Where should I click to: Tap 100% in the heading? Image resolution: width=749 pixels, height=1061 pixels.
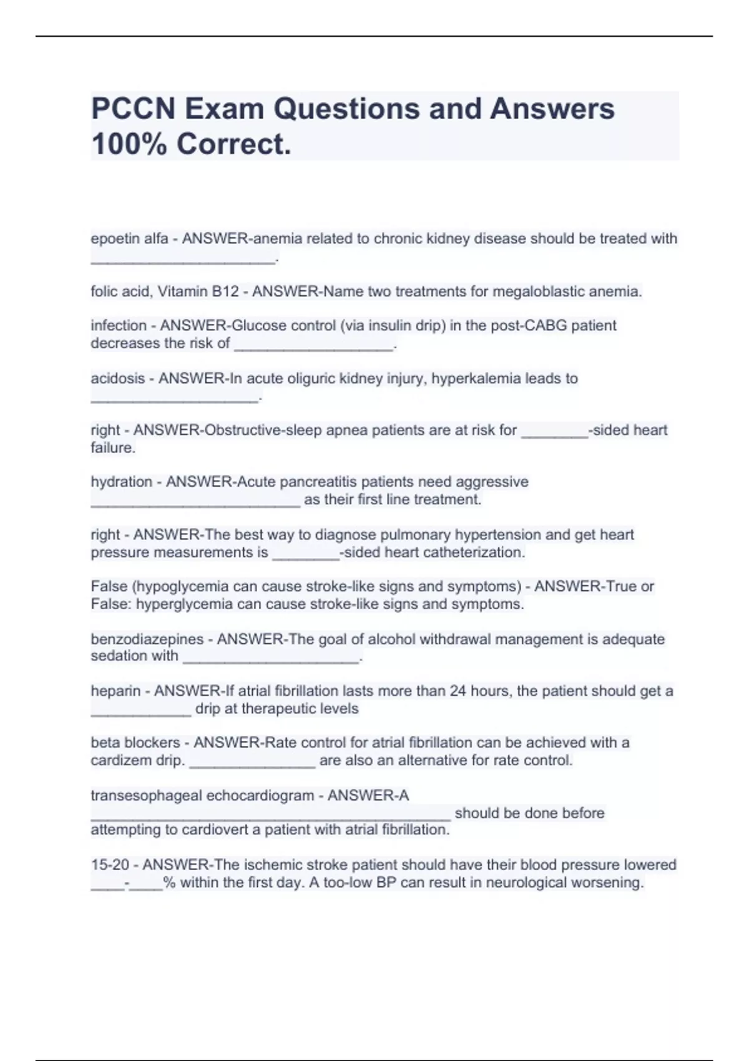pyautogui.click(x=128, y=145)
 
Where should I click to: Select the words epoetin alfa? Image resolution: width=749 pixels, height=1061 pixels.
pyautogui.click(x=129, y=238)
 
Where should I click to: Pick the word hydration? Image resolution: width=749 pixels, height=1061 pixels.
pyautogui.click(x=121, y=482)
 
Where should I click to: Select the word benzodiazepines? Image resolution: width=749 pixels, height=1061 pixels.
pyautogui.click(x=147, y=639)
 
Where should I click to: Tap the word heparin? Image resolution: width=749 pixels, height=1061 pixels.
pyautogui.click(x=115, y=692)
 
